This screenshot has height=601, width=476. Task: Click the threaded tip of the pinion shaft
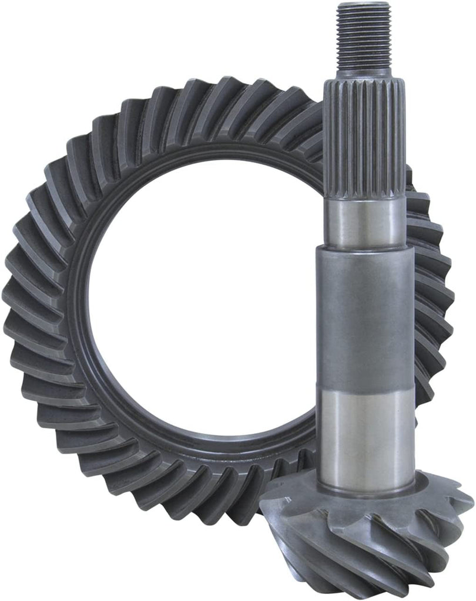point(364,35)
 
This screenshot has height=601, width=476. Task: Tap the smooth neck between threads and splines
point(364,73)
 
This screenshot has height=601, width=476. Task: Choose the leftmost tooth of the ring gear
point(15,293)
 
